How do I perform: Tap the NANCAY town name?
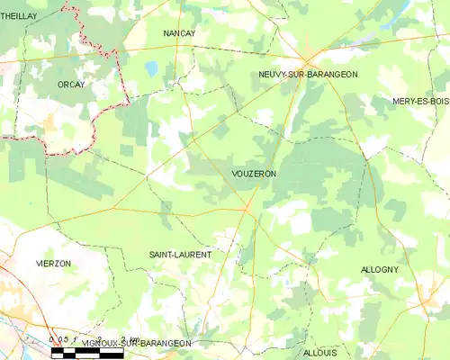tap(179, 33)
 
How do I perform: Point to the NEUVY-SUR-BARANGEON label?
tap(308, 75)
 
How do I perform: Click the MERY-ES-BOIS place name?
tap(420, 102)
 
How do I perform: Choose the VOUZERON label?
tap(253, 173)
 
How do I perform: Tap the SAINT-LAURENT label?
tap(180, 255)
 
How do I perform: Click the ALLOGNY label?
tap(379, 269)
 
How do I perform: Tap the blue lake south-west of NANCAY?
tap(152, 68)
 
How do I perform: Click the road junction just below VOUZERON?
tap(247, 209)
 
